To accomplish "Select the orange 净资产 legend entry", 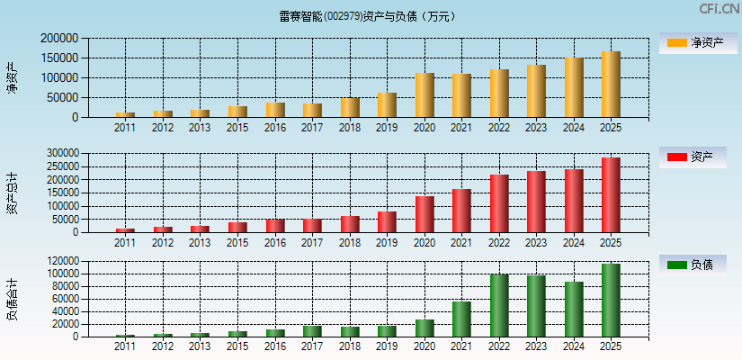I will [x=692, y=42].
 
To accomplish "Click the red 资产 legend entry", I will [x=692, y=157].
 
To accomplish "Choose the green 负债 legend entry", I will [x=692, y=265].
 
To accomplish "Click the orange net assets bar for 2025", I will [x=611, y=85].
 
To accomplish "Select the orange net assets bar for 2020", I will [x=425, y=95].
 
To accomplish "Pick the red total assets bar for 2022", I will [x=499, y=203].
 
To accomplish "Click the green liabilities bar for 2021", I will [x=461, y=319].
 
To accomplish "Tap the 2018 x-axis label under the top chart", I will [x=350, y=128].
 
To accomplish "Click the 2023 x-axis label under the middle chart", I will [x=536, y=243].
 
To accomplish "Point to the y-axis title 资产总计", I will [x=12, y=193].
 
